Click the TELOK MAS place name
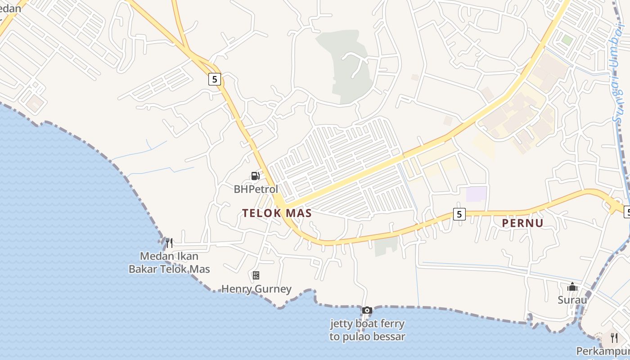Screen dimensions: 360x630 [277, 213]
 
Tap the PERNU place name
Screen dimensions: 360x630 [522, 223]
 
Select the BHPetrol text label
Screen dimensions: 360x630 [256, 189]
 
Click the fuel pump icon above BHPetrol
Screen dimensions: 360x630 [255, 176]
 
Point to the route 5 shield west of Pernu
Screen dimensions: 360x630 [459, 214]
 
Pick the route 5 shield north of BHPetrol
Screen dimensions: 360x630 [215, 79]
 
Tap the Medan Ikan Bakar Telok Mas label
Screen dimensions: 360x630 [169, 263]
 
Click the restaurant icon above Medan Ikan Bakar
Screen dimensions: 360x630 [169, 243]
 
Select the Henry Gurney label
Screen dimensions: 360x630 [256, 289]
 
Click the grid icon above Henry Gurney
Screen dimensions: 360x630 [256, 275]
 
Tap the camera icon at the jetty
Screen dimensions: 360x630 [367, 310]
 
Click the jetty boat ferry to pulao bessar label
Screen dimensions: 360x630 [367, 330]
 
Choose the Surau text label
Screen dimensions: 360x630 [572, 300]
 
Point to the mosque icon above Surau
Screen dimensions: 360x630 [572, 287]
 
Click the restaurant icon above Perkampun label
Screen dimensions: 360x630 [614, 337]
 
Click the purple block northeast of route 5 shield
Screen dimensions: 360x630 [476, 194]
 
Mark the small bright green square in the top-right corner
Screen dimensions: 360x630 [567, 40]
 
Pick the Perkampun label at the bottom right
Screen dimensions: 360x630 [603, 351]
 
